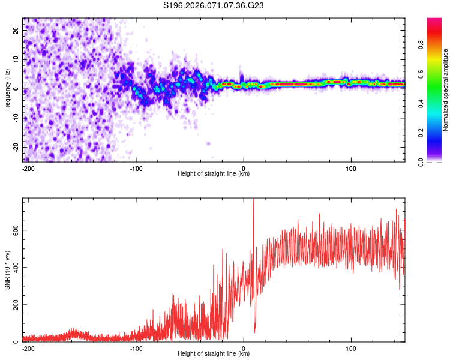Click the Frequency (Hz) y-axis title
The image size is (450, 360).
8,90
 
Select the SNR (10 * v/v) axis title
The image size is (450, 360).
8,270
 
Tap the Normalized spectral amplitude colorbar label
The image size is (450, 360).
446,90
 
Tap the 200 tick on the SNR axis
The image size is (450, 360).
14,305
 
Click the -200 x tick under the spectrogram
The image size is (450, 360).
28,169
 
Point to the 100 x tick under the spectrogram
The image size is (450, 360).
351,169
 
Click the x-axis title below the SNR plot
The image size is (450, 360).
214,354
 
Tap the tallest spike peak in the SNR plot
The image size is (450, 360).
253,200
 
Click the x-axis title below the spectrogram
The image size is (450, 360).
214,174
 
